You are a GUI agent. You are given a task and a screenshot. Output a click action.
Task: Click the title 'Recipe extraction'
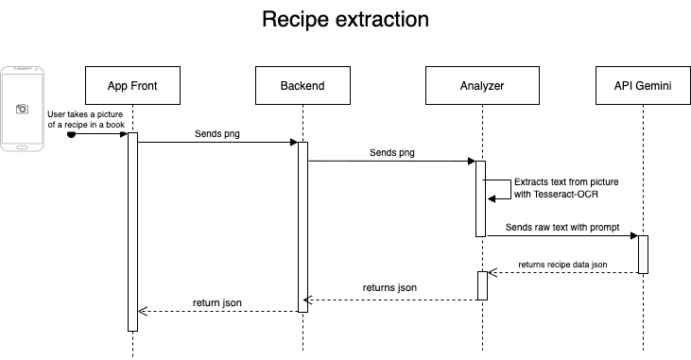point(345,20)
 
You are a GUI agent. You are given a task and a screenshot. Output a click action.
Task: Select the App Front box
point(132,85)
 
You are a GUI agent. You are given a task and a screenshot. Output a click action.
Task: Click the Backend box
point(302,85)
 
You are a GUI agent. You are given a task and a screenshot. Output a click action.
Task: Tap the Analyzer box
point(482,85)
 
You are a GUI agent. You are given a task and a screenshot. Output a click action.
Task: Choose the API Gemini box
point(643,85)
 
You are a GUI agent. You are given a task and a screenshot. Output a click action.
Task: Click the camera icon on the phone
point(23,109)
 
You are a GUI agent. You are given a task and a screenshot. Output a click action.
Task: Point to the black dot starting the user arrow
point(71,134)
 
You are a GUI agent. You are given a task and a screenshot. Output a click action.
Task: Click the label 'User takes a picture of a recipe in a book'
point(86,119)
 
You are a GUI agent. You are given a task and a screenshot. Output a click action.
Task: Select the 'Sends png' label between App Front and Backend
point(217,133)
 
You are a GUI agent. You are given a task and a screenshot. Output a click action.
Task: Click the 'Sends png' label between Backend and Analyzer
point(391,151)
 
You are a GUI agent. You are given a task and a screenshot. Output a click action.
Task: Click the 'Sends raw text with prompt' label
point(561,228)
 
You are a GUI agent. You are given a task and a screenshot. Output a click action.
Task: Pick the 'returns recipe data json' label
point(563,264)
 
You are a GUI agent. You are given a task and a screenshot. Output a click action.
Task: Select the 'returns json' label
point(389,287)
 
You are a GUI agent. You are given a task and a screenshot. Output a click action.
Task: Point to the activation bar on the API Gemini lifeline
point(643,254)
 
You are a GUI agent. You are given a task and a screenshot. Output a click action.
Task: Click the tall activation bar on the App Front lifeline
point(132,231)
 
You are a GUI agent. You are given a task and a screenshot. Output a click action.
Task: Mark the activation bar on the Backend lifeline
point(302,227)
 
